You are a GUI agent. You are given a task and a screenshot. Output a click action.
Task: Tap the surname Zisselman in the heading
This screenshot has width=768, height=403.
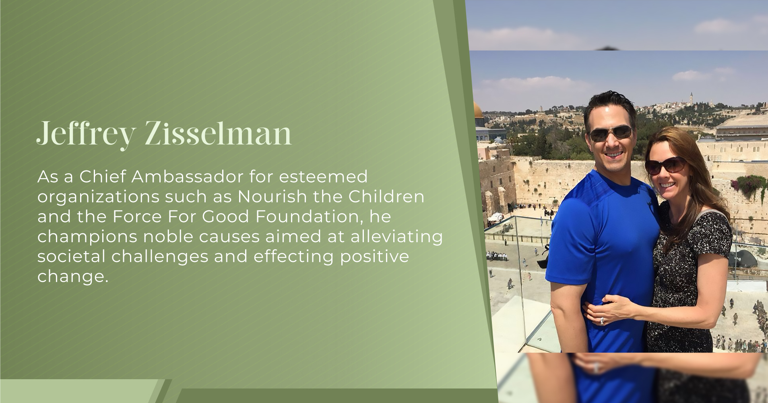(x=218, y=133)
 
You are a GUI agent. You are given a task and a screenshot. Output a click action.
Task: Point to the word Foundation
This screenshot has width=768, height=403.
(x=306, y=216)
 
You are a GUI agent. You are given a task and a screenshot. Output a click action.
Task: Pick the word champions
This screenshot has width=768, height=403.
(x=87, y=237)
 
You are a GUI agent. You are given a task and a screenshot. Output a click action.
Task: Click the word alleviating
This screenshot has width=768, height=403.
(x=396, y=237)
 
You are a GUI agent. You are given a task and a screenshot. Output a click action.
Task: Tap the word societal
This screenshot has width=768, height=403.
(x=71, y=256)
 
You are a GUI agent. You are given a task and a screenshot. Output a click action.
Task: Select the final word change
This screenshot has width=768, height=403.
(x=72, y=276)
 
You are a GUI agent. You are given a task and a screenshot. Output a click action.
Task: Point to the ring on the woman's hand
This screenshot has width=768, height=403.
(x=602, y=321)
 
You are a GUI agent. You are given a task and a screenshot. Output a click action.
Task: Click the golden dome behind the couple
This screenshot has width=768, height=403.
(x=478, y=110)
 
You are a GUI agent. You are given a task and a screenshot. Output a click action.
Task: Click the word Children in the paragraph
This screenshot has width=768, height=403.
(x=386, y=197)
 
